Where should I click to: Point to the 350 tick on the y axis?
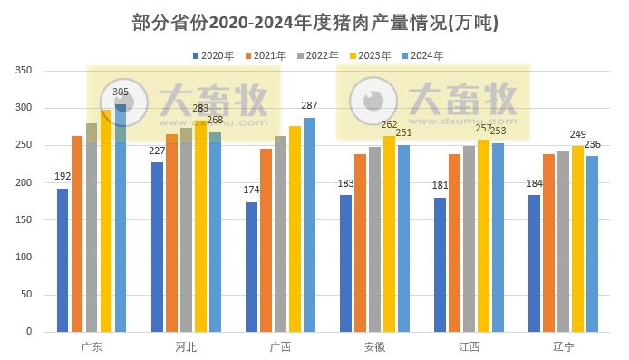pyautogui.click(x=24, y=71)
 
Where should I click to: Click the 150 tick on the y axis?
pyautogui.click(x=24, y=220)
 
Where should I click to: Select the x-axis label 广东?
pyautogui.click(x=92, y=347)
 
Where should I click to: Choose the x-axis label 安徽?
pyautogui.click(x=374, y=347)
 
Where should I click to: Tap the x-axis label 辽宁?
pyautogui.click(x=563, y=347)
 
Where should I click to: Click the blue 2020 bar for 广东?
pyautogui.click(x=63, y=260)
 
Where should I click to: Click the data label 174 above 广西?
pyautogui.click(x=251, y=190)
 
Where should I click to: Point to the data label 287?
pyautogui.click(x=309, y=106)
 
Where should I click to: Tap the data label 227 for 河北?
pyautogui.click(x=157, y=151)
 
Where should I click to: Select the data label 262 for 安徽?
pyautogui.click(x=389, y=125)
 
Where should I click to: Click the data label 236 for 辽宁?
pyautogui.click(x=592, y=145)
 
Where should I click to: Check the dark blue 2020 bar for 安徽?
pyautogui.click(x=345, y=263)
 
